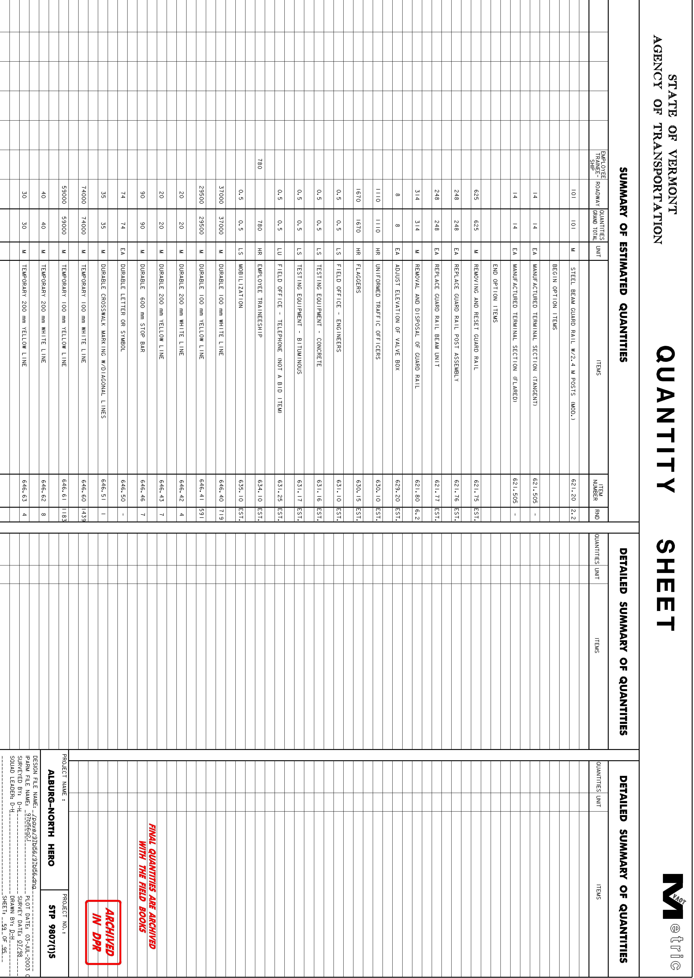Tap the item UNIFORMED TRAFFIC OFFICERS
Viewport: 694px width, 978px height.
[x=378, y=311]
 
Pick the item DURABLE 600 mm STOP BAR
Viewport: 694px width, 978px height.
[x=142, y=308]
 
